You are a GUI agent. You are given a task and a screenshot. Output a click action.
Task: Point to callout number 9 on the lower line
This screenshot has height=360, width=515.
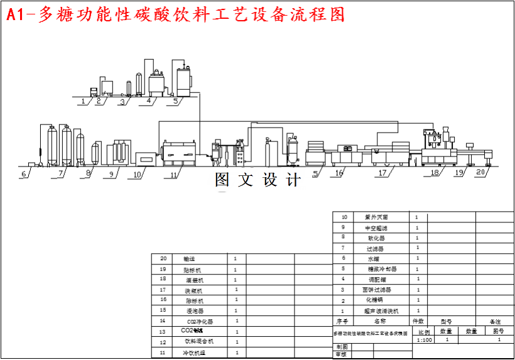pyautogui.click(x=111, y=174)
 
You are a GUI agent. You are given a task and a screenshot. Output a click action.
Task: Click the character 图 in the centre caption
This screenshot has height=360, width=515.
pyautogui.click(x=222, y=180)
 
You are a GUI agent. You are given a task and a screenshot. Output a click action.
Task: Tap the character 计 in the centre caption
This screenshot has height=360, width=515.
pyautogui.click(x=293, y=180)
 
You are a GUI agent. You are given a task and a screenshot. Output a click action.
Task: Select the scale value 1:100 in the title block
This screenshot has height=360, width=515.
pyautogui.click(x=425, y=340)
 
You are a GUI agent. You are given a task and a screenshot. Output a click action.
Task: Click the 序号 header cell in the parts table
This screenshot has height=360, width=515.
pyautogui.click(x=342, y=321)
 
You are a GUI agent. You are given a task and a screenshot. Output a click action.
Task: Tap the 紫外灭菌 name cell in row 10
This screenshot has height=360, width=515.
pyautogui.click(x=377, y=217)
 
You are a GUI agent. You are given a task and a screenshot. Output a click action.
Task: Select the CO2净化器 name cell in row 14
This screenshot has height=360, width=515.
pyautogui.click(x=200, y=321)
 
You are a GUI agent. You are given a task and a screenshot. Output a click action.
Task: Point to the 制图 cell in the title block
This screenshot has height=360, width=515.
pyautogui.click(x=342, y=347)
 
